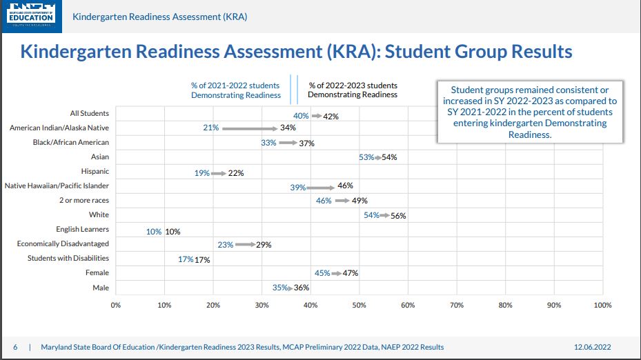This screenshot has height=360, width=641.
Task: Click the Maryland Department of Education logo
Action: (x=31, y=15)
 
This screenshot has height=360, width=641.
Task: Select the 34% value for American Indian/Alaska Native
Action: (x=288, y=128)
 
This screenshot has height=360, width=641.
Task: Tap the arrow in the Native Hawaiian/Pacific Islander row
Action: (x=321, y=186)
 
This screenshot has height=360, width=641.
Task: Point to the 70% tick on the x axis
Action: (x=456, y=305)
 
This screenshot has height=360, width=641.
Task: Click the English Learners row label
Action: (x=82, y=229)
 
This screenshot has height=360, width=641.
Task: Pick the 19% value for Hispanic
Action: (x=202, y=173)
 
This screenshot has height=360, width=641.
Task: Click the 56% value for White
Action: (x=398, y=216)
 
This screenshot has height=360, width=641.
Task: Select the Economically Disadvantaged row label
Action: (x=63, y=243)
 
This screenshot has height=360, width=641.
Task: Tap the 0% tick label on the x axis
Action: (x=116, y=305)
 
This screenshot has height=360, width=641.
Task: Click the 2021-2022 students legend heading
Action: (x=236, y=90)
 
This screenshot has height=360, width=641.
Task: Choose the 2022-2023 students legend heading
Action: (x=353, y=90)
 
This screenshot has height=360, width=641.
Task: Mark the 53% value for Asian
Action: (x=366, y=157)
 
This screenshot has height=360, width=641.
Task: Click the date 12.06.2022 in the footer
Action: (x=593, y=347)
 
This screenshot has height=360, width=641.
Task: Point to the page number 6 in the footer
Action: (x=15, y=347)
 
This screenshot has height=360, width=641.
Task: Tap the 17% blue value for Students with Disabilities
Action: (x=186, y=260)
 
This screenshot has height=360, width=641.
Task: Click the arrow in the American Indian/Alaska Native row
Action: (x=249, y=128)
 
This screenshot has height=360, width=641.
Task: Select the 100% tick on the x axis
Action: (x=602, y=305)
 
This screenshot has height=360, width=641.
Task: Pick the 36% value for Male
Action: (x=302, y=288)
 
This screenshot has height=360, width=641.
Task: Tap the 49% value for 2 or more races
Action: (x=359, y=201)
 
